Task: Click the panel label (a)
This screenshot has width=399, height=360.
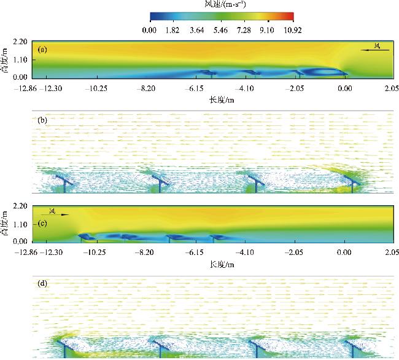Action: click(42, 48)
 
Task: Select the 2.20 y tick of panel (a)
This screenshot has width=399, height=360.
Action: click(20, 42)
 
